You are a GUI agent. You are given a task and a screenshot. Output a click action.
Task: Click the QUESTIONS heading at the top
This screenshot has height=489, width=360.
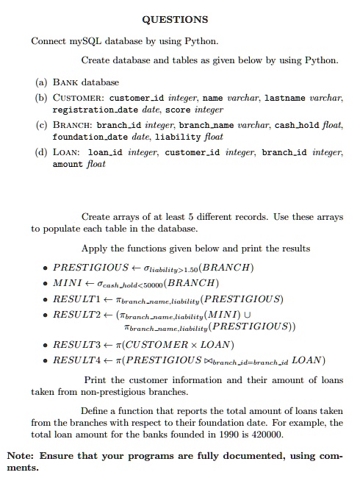[x=180, y=18]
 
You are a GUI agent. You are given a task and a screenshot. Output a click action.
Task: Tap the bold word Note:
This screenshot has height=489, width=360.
[x=21, y=455]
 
